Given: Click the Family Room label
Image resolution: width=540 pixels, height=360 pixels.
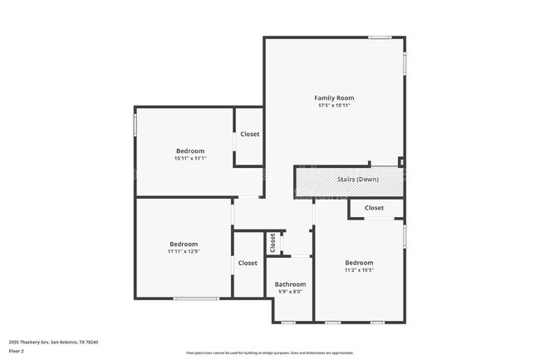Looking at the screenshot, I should click(x=334, y=98).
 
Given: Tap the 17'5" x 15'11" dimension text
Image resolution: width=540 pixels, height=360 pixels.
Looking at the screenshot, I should click(x=334, y=106).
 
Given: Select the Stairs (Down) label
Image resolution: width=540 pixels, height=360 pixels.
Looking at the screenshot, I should click(x=358, y=179).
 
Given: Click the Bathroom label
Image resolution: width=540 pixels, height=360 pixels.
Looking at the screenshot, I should click(x=289, y=284).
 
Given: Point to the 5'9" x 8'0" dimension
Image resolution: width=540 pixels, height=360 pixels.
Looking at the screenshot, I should click(x=289, y=292).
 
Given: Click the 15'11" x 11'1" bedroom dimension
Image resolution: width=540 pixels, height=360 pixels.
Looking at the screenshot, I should click(x=189, y=158).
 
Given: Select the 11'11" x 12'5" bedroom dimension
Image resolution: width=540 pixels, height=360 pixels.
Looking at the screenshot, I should click(x=183, y=251).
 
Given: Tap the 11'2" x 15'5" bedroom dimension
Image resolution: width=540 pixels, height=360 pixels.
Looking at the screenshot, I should click(x=359, y=269).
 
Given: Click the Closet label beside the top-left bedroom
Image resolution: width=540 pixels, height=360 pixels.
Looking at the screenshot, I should click(x=249, y=134).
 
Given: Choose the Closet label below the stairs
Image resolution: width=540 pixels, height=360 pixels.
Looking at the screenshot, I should click(x=374, y=208).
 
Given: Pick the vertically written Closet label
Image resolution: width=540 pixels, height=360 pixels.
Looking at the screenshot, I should click(x=272, y=243).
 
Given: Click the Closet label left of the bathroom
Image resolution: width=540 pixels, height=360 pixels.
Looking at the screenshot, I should click(x=248, y=263).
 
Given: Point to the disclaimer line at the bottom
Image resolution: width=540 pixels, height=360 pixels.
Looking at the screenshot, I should click(x=269, y=353).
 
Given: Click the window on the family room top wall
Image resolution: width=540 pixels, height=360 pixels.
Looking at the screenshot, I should click(x=380, y=37).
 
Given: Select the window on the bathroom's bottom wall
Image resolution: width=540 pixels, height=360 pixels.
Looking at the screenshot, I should click(x=288, y=322).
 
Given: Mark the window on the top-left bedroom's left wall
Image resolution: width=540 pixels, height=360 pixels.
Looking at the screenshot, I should click(x=135, y=125).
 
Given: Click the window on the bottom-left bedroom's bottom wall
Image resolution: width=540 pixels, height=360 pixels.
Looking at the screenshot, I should click(x=196, y=298).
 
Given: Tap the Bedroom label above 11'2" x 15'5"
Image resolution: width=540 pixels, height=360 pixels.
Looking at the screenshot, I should click(x=359, y=261).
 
